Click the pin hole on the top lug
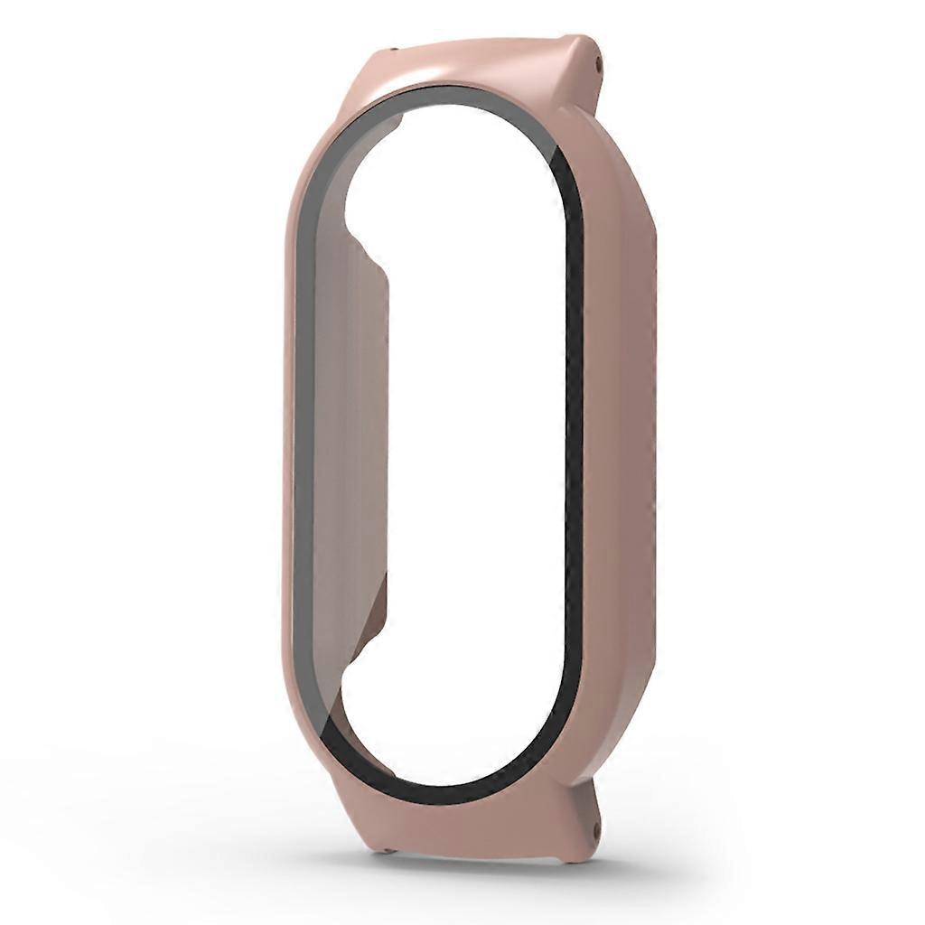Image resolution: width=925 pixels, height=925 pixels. [x=601, y=62]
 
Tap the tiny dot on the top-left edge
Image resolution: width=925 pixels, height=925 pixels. [x=395, y=51]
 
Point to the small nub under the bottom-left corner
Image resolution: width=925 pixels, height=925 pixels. [x=388, y=849]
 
